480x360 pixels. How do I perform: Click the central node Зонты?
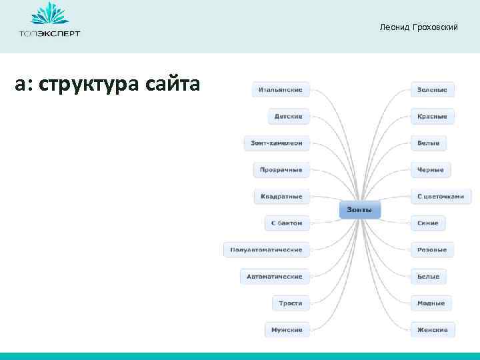click(360, 210)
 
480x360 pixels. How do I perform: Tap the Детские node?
click(289, 116)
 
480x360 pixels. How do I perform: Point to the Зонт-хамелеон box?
click(277, 143)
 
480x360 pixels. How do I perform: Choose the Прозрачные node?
click(281, 169)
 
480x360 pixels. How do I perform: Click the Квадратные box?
click(281, 196)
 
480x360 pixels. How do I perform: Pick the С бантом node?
click(287, 223)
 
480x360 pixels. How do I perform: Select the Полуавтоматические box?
click(266, 250)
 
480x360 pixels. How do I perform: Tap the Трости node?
click(290, 303)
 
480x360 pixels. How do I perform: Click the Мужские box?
click(287, 329)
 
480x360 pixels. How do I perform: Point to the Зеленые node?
click(432, 89)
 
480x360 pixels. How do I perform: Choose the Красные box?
click(432, 116)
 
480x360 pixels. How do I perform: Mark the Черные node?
click(431, 169)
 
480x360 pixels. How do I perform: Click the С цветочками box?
click(440, 196)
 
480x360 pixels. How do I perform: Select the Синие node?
click(428, 223)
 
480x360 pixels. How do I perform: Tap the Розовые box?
click(432, 250)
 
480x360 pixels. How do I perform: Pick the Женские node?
click(432, 329)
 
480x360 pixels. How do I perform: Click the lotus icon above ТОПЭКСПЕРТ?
click(49, 15)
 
